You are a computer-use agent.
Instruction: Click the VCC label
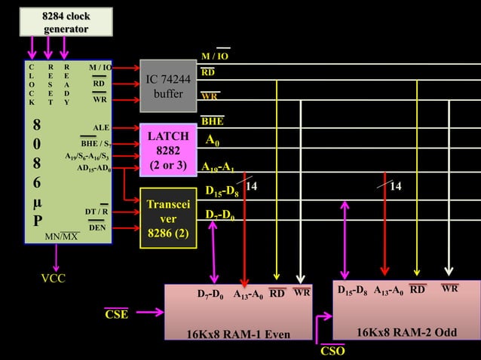click(x=53, y=279)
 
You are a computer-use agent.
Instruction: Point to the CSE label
click(x=116, y=314)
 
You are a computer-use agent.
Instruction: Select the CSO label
click(x=332, y=351)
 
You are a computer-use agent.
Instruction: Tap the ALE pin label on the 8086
click(x=101, y=127)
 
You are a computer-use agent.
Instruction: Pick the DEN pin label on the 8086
click(x=97, y=227)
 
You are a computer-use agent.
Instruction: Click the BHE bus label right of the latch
click(x=213, y=121)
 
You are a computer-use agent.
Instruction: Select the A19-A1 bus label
click(x=218, y=167)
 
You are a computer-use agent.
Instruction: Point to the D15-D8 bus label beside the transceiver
click(x=223, y=192)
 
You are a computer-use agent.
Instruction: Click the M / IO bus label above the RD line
click(x=215, y=56)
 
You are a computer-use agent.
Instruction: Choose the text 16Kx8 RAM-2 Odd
click(x=406, y=332)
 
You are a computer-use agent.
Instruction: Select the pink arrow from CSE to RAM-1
click(x=149, y=312)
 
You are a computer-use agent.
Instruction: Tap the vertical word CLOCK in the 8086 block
click(x=32, y=84)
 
